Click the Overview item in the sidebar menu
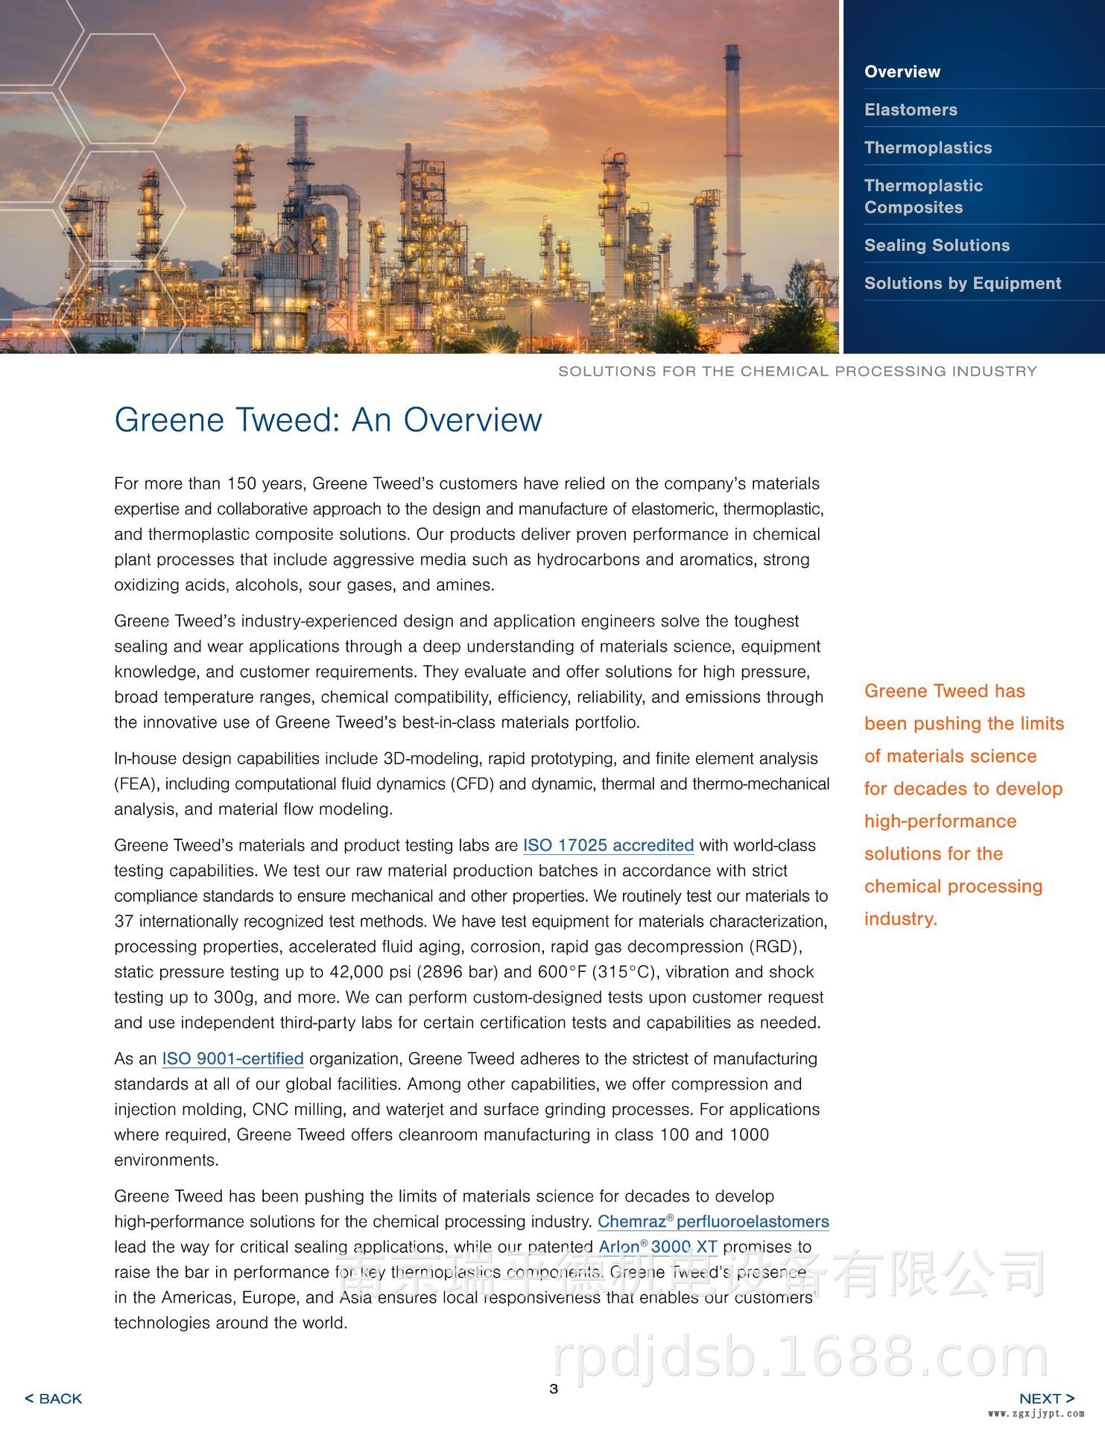tap(902, 71)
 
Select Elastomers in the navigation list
tap(911, 109)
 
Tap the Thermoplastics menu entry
tap(928, 147)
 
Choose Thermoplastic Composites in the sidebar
tap(923, 197)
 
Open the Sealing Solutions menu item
tap(937, 245)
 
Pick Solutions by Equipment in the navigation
tap(962, 283)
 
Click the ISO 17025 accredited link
tap(608, 845)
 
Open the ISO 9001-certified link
tap(232, 1058)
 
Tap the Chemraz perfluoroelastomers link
tap(713, 1221)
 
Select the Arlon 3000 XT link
tap(658, 1247)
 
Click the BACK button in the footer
tap(54, 1399)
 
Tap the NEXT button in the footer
tap(1046, 1399)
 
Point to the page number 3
tap(554, 1388)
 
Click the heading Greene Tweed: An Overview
tap(328, 420)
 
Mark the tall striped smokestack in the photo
tap(733, 164)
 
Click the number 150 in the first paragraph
tap(241, 484)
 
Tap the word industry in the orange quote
tap(899, 919)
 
